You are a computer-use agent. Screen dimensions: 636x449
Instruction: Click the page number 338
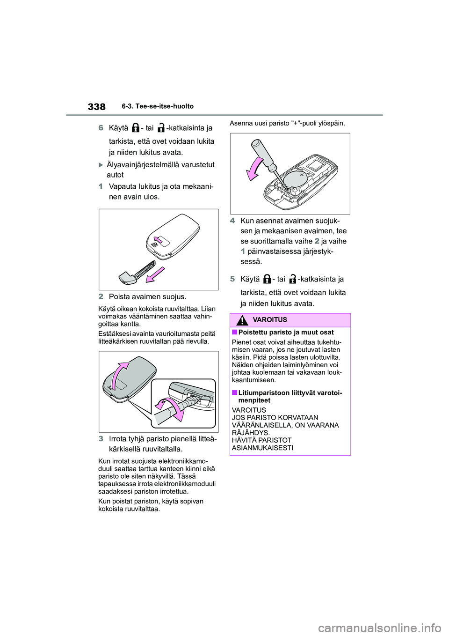[x=96, y=107]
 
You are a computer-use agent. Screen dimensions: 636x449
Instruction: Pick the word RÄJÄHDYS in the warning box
[x=251, y=433]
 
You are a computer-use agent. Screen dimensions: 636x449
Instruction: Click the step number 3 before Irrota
[x=101, y=439]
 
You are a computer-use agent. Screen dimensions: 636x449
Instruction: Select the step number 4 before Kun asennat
[x=232, y=221]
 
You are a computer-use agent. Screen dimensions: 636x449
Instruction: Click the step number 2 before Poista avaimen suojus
[x=101, y=296]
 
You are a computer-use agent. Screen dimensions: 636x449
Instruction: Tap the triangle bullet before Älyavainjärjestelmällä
[x=102, y=164]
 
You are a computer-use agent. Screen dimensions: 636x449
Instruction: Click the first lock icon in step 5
[x=267, y=280]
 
